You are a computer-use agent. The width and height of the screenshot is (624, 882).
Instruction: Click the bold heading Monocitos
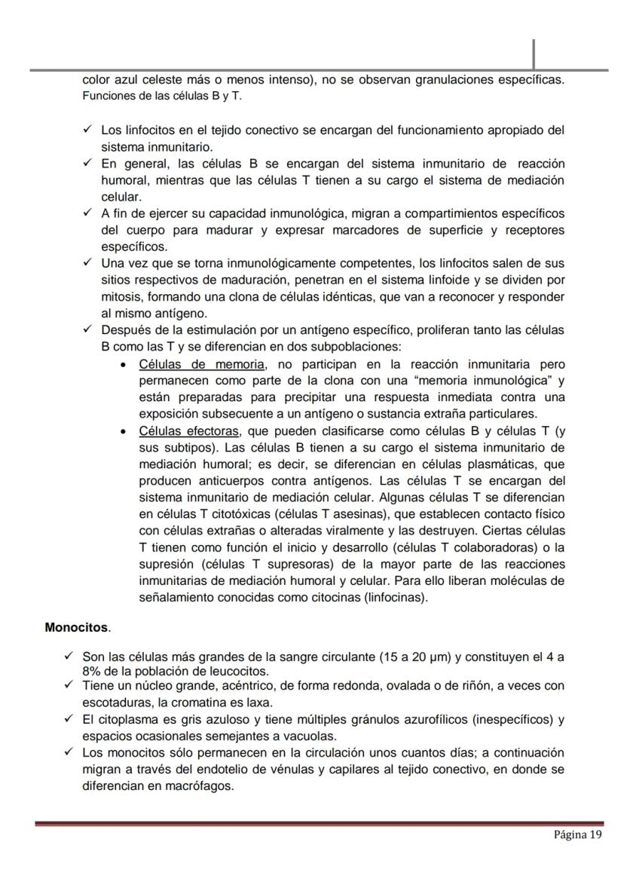point(77,627)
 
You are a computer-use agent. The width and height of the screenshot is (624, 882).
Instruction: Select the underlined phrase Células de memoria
point(202,365)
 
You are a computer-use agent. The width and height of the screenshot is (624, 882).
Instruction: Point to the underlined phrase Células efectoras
point(189,431)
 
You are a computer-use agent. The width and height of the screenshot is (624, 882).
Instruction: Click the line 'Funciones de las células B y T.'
point(162,96)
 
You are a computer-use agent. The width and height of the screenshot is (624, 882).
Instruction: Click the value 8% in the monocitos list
point(92,671)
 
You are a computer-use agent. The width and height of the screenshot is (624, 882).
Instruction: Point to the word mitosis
point(122,297)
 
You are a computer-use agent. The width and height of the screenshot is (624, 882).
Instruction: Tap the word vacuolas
point(311,736)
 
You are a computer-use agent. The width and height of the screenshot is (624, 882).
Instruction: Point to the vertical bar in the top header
point(534,54)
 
